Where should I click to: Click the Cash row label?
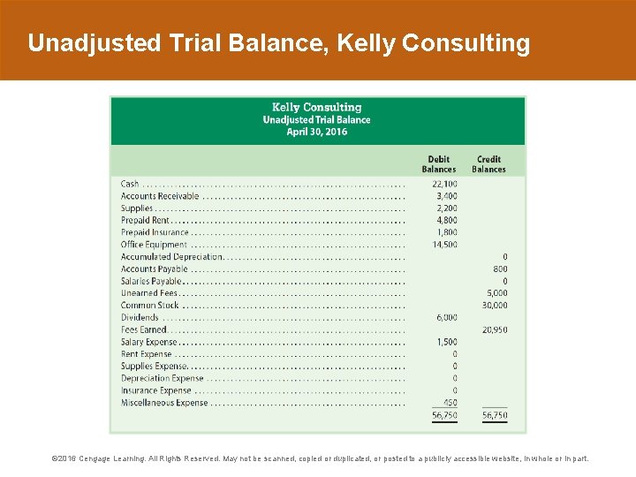[x=130, y=184]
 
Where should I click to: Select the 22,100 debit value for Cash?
[x=444, y=184]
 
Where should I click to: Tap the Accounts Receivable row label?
[x=160, y=196]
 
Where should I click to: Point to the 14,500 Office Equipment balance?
[x=444, y=245]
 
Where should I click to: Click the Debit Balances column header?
[x=439, y=164]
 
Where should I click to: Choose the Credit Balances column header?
[x=488, y=164]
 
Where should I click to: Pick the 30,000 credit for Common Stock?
[x=495, y=305]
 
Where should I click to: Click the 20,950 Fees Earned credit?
[x=495, y=329]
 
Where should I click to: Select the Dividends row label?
[x=140, y=317]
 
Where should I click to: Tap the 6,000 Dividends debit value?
[x=446, y=317]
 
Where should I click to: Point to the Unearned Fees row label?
[x=149, y=293]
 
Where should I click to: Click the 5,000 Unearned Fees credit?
[x=497, y=293]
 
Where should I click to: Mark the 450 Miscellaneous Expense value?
[x=450, y=403]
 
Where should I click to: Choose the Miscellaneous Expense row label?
[x=164, y=403]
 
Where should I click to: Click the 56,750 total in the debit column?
[x=444, y=415]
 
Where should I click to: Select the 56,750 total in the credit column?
[x=495, y=415]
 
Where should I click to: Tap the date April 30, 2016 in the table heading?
[x=317, y=132]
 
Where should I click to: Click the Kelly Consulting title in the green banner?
[x=317, y=107]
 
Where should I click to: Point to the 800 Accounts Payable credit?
[x=500, y=269]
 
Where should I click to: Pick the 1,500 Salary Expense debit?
[x=446, y=342]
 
